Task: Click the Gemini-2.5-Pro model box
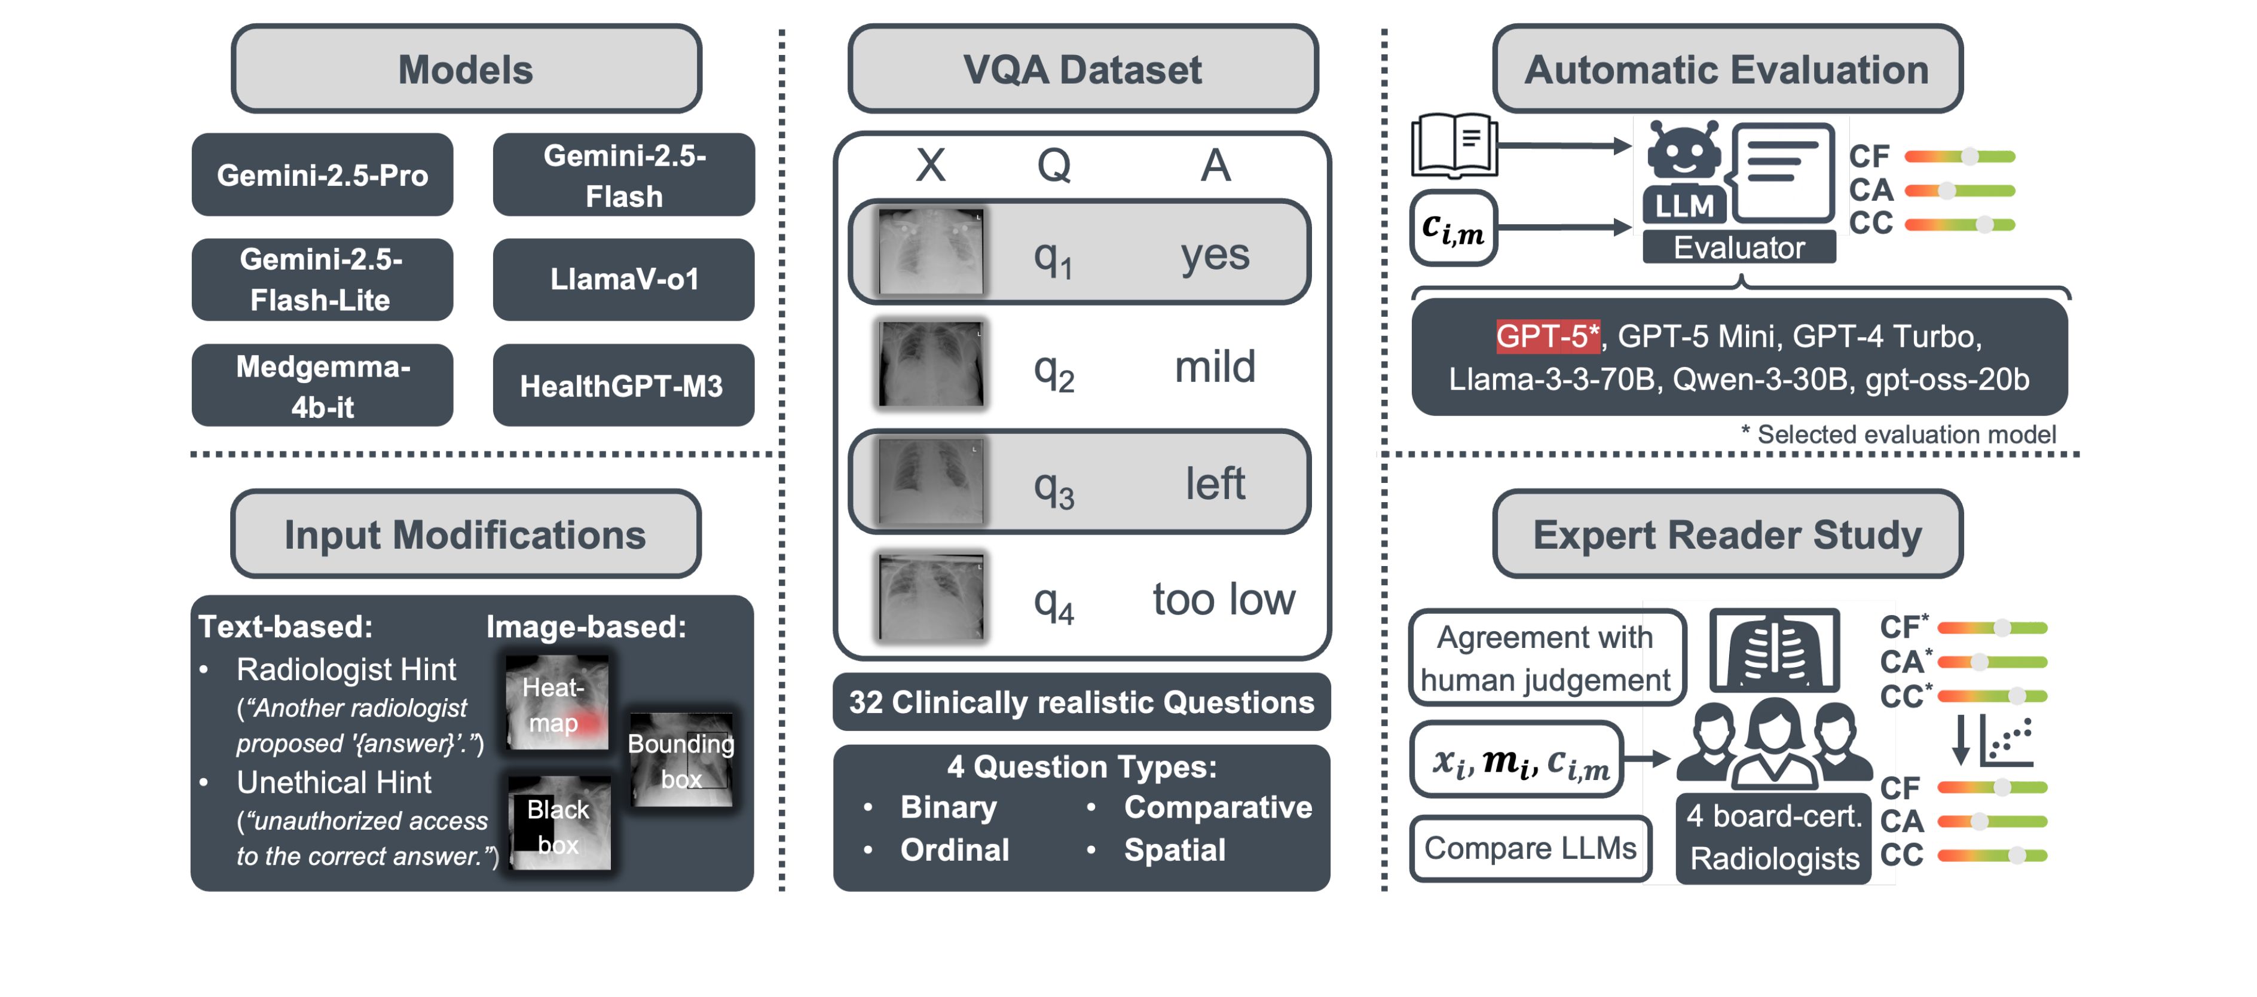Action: pos(322,175)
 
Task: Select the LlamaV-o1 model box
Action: pos(624,280)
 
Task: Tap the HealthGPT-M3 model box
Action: pos(622,386)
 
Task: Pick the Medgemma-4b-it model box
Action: pos(322,386)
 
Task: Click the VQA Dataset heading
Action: pos(1083,69)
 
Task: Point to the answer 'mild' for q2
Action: pos(1215,366)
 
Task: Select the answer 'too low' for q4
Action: pos(1223,600)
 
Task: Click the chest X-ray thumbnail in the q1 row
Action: pos(931,252)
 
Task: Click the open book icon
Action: pos(1454,145)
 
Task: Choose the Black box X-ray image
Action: pos(558,824)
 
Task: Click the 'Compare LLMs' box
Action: pos(1530,848)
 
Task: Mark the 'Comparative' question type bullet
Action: pos(1217,808)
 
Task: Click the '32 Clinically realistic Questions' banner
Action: pos(1081,702)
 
